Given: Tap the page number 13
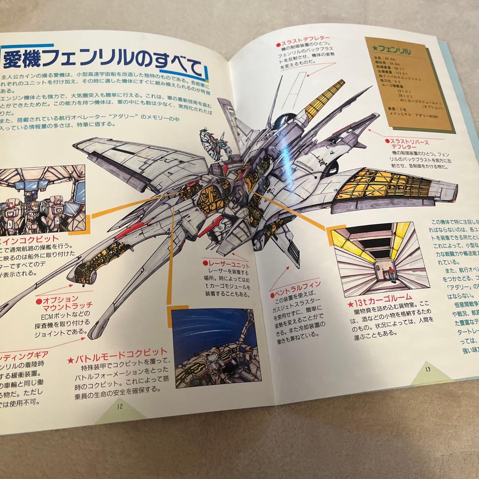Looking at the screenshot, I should [427, 368].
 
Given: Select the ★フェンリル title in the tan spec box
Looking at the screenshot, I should [395, 52].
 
